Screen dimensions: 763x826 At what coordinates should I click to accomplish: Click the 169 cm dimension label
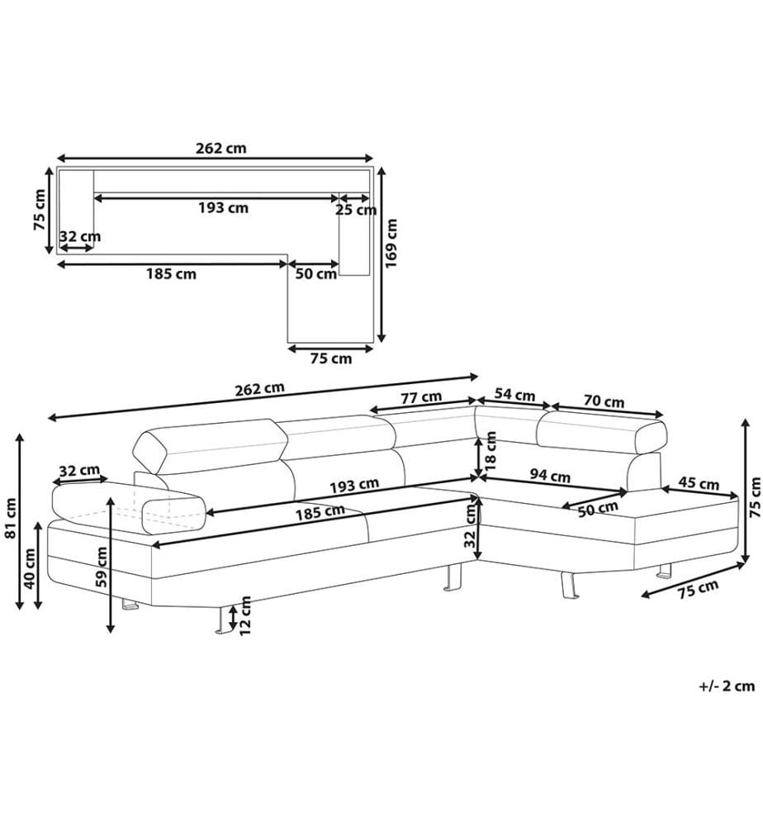391,244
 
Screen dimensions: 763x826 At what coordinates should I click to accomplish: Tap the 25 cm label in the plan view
356,210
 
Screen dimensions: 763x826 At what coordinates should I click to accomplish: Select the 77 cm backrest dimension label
421,397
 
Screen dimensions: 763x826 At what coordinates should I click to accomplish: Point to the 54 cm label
514,395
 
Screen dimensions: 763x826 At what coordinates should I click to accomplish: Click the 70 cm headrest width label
604,401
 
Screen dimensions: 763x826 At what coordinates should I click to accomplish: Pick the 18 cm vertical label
490,451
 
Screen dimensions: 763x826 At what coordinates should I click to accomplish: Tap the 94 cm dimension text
550,476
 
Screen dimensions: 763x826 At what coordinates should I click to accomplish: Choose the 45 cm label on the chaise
699,482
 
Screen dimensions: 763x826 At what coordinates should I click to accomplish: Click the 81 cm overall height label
11,519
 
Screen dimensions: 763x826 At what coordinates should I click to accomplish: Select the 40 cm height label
30,569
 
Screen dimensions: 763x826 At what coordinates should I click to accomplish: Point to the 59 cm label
102,567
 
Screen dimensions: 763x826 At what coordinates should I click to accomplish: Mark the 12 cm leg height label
245,615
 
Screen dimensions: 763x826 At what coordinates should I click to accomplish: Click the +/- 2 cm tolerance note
727,686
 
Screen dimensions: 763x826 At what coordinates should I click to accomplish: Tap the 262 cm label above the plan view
221,148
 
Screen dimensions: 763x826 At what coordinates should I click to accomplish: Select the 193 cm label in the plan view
223,207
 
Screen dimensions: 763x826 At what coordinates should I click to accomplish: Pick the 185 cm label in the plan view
171,274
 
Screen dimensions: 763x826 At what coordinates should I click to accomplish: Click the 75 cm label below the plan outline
330,358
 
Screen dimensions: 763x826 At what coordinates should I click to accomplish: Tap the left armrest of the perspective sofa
129,506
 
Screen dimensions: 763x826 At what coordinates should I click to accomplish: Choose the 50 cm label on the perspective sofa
598,509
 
